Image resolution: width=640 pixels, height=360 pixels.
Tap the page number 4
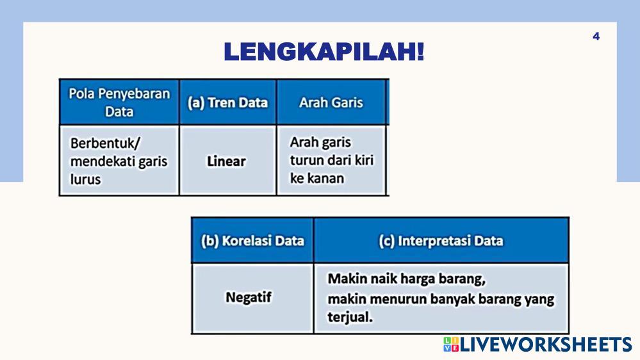pyautogui.click(x=596, y=37)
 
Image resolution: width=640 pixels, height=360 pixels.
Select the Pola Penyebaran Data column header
pyautogui.click(x=119, y=102)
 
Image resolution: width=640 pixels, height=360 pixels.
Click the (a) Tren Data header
pyautogui.click(x=228, y=102)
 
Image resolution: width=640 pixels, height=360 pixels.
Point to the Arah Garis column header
pyautogui.click(x=331, y=102)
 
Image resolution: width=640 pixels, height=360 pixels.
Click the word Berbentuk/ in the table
pyautogui.click(x=105, y=143)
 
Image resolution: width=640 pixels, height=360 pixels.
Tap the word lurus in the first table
pyautogui.click(x=85, y=179)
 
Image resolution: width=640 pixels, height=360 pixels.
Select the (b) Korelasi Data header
pyautogui.click(x=252, y=241)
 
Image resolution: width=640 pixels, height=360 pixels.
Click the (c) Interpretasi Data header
pyautogui.click(x=441, y=241)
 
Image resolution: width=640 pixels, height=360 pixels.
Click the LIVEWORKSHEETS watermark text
pyautogui.click(x=546, y=345)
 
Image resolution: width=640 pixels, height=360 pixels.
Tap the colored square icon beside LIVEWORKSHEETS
pyautogui.click(x=451, y=345)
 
